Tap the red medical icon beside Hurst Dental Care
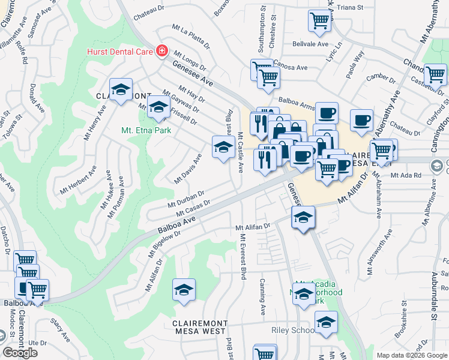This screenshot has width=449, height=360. (161, 52)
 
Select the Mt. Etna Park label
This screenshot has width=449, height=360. (146, 130)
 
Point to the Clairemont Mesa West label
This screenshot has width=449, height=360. (199, 326)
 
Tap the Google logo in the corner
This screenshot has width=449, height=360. (20, 353)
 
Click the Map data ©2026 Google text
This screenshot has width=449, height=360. (412, 355)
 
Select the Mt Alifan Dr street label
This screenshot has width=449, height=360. (253, 228)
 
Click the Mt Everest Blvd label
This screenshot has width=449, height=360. (243, 257)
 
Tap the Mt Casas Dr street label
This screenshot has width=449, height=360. (193, 209)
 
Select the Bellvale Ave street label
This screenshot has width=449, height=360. (310, 44)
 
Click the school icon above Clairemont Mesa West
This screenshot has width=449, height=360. (184, 290)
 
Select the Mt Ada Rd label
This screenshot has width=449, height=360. (406, 175)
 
